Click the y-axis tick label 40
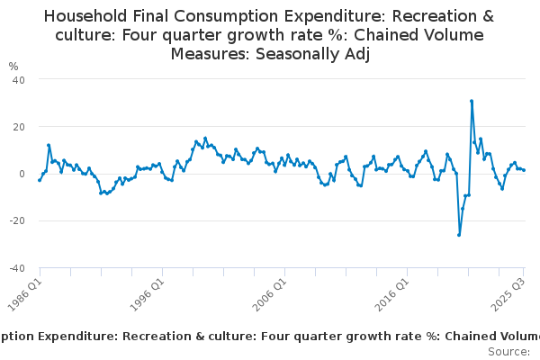tap(18, 80)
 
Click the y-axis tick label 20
tap(18, 127)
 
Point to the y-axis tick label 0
tap(21, 174)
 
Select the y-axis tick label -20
tap(16, 220)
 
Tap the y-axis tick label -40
tap(16, 268)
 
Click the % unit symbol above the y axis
tap(13, 67)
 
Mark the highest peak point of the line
tap(472, 101)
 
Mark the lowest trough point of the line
tap(459, 235)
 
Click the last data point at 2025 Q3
tap(524, 170)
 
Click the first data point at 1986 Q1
tap(40, 180)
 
